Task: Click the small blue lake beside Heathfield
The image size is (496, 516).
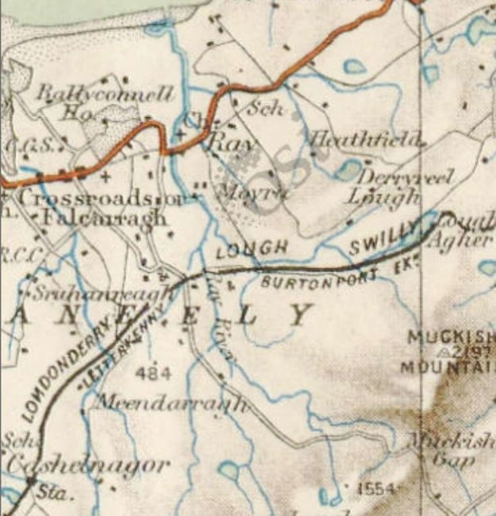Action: (348, 169)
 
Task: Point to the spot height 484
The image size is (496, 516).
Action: (148, 372)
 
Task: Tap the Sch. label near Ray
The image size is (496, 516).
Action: (267, 110)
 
